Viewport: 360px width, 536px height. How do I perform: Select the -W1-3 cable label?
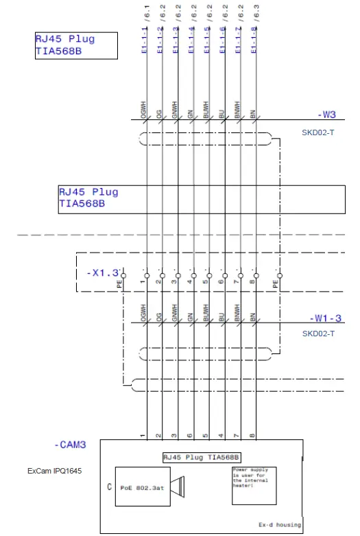(325, 318)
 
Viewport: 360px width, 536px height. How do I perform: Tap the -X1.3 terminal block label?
(103, 272)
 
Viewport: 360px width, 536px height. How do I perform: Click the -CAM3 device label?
(71, 445)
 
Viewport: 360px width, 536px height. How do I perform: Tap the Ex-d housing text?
(279, 524)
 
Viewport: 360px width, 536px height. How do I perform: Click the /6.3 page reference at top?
(256, 10)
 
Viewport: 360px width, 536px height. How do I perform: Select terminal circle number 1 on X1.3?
(147, 275)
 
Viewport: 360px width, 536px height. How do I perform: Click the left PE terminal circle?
(123, 275)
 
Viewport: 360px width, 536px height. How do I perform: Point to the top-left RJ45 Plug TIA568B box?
(76, 45)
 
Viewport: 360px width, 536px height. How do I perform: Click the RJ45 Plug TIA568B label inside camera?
(202, 456)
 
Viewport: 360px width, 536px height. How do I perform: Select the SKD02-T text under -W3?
(318, 131)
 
